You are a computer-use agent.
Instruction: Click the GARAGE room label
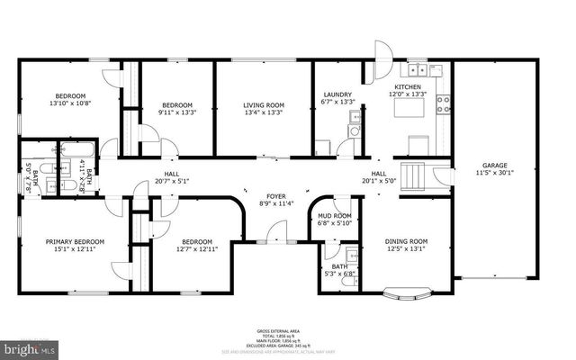click(494, 166)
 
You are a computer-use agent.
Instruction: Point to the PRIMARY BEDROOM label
click(76, 241)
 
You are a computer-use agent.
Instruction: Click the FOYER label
click(275, 196)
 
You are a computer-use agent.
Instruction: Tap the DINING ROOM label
click(406, 241)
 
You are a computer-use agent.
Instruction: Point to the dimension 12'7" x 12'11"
click(197, 249)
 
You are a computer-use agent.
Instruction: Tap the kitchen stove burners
click(442, 103)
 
